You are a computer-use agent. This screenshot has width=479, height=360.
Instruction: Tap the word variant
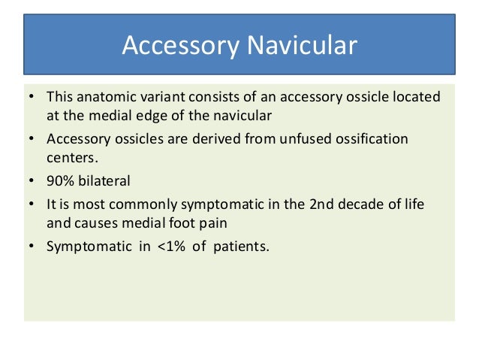[x=156, y=98]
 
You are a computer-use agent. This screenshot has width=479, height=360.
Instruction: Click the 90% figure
[x=60, y=181]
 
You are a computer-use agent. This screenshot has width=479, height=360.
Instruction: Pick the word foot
[x=177, y=222]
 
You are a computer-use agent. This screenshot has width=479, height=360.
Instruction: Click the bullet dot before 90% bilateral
[x=32, y=181]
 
